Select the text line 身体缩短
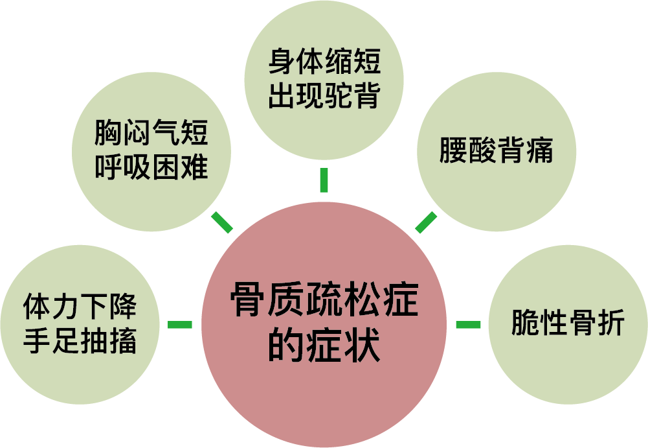click(x=324, y=64)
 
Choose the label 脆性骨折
click(x=568, y=323)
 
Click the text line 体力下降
click(x=80, y=307)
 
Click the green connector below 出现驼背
click(x=324, y=180)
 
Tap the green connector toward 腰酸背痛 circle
click(x=426, y=222)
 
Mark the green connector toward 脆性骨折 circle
click(x=468, y=324)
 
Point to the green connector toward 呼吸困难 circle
click(x=222, y=222)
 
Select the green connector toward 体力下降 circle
click(x=180, y=324)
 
